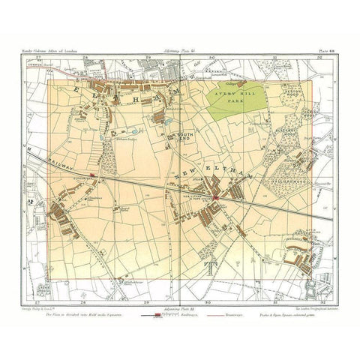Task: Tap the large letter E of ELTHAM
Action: click(63, 88)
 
